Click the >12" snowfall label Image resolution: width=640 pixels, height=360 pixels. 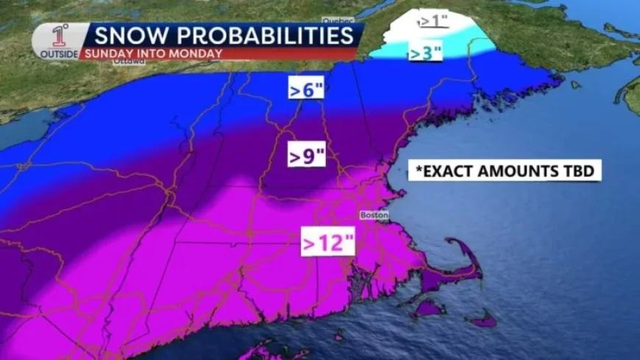[326, 242]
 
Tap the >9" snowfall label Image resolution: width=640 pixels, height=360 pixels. [306, 156]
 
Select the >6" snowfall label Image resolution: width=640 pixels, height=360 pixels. [306, 91]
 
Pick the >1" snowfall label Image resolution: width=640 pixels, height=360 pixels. [434, 21]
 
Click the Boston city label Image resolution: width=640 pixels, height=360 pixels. [373, 215]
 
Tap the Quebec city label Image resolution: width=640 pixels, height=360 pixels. [338, 20]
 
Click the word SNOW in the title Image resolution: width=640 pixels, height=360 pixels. [124, 35]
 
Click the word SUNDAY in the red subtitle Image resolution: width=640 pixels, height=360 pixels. [104, 53]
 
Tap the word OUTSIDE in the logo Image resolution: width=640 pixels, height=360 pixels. [58, 54]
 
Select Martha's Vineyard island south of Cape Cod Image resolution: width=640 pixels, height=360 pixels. [428, 308]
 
